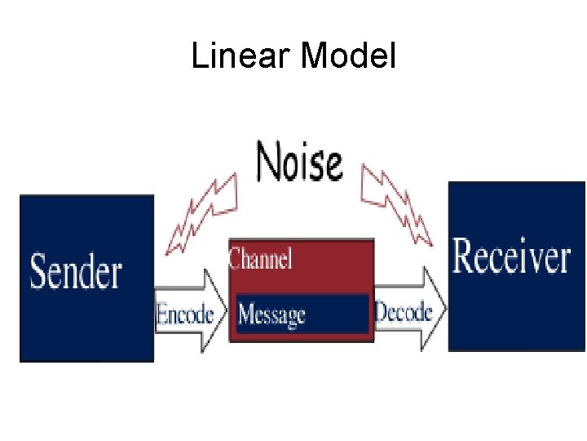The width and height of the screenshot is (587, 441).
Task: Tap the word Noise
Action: (x=299, y=161)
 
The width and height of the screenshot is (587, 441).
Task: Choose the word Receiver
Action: (x=511, y=256)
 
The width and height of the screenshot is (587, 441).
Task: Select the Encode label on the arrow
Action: (x=185, y=314)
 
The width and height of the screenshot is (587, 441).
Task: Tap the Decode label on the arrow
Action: (x=403, y=311)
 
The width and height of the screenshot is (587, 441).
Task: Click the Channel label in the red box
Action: (x=260, y=260)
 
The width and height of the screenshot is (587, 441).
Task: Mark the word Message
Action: (x=271, y=314)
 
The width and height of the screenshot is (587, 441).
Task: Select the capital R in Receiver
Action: (x=464, y=256)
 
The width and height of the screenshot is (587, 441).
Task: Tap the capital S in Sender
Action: (x=40, y=273)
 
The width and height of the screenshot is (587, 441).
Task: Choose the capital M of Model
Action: (x=314, y=56)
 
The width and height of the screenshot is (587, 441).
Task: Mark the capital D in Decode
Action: (x=381, y=311)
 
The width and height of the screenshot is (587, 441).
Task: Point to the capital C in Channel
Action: (x=235, y=260)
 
